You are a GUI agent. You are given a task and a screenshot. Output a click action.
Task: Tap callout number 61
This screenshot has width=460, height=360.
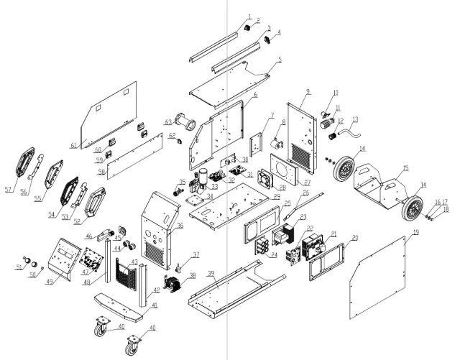(73, 146)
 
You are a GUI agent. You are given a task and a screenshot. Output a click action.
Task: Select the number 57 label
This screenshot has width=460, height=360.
(9, 190)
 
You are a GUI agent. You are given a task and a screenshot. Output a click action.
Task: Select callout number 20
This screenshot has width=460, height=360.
(354, 237)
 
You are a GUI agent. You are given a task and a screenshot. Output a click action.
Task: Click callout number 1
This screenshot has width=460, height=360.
(249, 16)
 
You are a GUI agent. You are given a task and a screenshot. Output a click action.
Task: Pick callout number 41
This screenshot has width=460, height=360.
(154, 305)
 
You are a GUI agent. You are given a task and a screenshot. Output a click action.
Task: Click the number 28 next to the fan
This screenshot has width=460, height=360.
(282, 187)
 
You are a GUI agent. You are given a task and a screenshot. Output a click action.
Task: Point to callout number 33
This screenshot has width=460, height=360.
(214, 185)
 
